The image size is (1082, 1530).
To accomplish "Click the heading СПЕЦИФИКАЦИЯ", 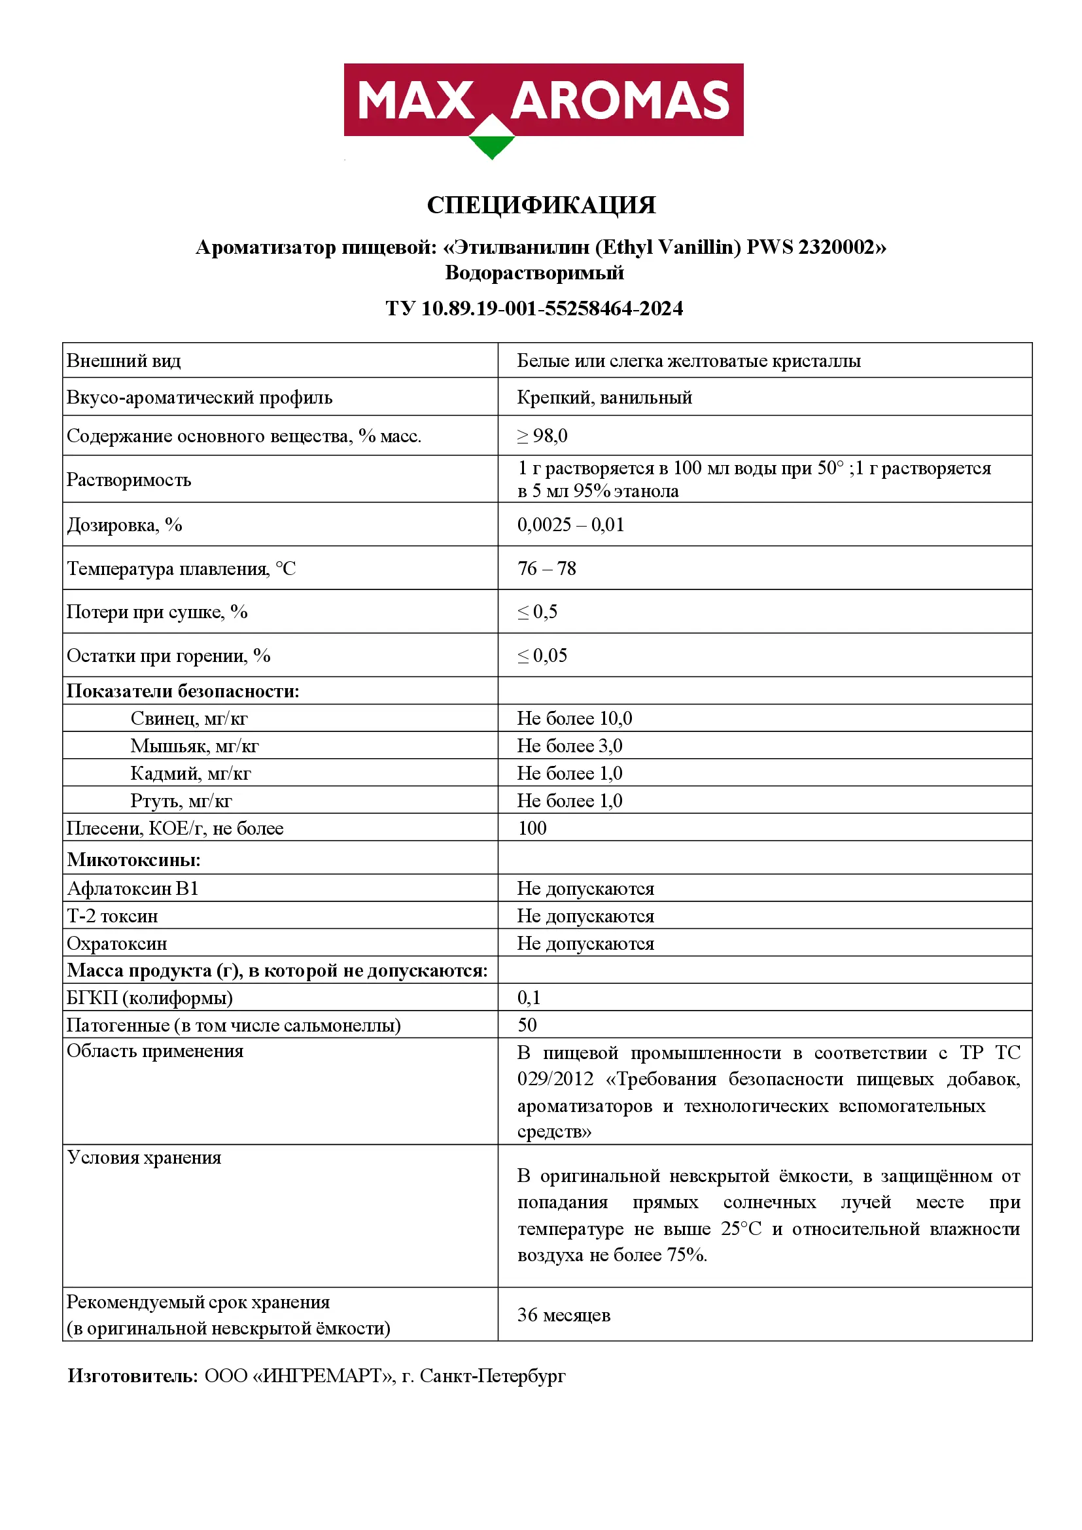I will tap(541, 205).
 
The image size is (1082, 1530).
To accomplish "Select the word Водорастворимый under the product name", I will tap(534, 273).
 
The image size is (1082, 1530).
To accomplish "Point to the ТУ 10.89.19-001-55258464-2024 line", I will tap(534, 309).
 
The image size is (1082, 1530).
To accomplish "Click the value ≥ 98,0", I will tap(542, 436).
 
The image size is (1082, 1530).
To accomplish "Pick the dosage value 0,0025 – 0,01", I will tap(571, 525).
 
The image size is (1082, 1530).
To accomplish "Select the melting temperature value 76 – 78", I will tap(546, 568).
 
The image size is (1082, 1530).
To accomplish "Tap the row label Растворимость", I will tap(129, 479).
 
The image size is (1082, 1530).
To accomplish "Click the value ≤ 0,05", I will tap(542, 655).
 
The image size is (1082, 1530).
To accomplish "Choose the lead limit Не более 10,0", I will tap(574, 718).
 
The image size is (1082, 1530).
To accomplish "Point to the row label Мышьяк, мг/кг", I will tap(194, 746).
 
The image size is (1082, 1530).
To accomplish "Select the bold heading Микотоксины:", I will tap(133, 860).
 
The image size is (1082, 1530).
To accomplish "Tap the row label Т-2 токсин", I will tap(112, 916).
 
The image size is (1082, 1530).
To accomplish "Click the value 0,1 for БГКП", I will tap(529, 998).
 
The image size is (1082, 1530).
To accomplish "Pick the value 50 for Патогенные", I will tap(527, 1025).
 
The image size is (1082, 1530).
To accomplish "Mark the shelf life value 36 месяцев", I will tap(564, 1315).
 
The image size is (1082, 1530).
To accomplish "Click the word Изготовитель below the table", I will tap(131, 1376).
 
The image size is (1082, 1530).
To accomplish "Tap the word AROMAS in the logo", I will tap(620, 101).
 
